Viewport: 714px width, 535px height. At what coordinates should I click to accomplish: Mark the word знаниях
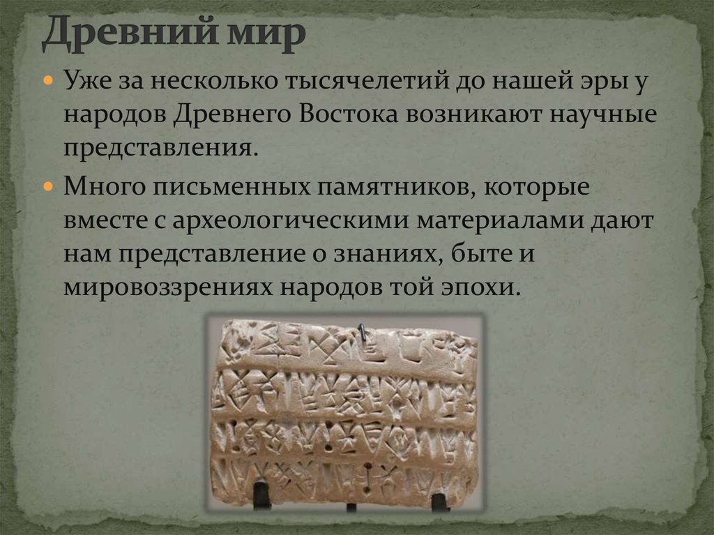pyautogui.click(x=386, y=253)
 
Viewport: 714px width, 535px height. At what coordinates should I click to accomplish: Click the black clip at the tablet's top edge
pyautogui.click(x=361, y=333)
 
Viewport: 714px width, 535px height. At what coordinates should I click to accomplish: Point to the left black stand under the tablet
pyautogui.click(x=262, y=495)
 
